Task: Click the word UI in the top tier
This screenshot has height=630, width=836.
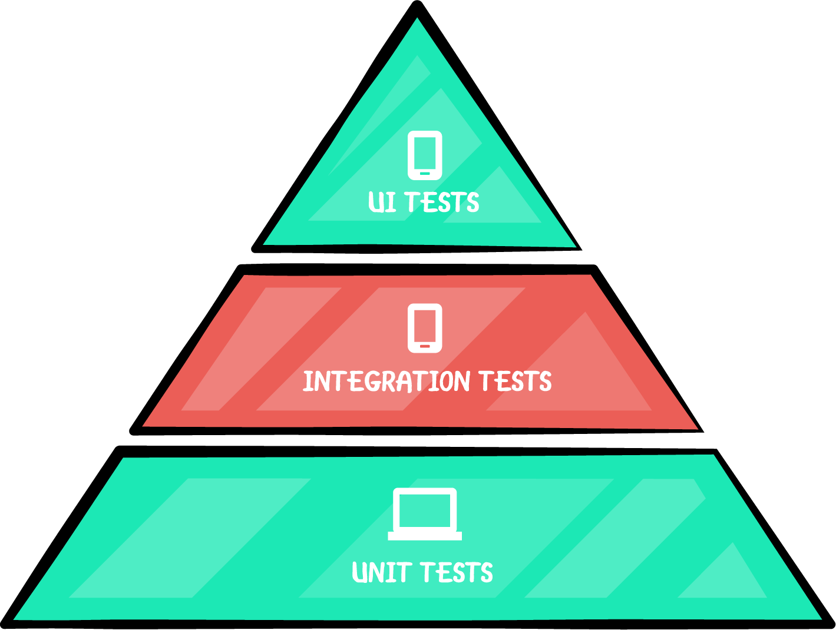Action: pos(381,202)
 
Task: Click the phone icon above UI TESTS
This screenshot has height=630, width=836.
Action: pos(425,155)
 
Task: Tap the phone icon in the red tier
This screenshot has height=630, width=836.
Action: pos(425,328)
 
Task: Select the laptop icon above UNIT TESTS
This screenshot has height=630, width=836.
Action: pos(425,513)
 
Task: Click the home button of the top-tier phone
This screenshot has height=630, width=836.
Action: pos(425,173)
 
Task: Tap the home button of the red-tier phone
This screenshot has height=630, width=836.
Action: pos(425,346)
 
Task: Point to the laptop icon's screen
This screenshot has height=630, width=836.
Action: pos(425,510)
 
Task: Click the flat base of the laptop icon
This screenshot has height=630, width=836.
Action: pos(425,536)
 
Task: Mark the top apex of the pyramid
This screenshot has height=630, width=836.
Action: pos(417,19)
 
